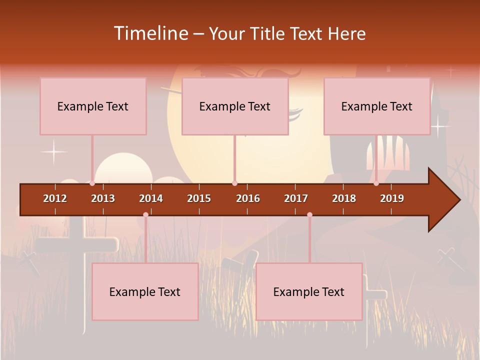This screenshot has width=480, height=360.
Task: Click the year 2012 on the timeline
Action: click(x=55, y=198)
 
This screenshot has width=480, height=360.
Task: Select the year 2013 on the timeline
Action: click(x=103, y=198)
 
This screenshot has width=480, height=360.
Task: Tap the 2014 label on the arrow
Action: click(x=151, y=198)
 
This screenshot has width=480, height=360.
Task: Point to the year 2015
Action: click(x=199, y=198)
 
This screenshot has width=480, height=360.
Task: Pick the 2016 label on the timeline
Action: click(x=248, y=198)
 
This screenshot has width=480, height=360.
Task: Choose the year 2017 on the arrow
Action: click(x=296, y=198)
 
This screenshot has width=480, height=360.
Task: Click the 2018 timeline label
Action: click(x=344, y=198)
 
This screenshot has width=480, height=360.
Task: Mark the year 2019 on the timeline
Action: click(x=392, y=198)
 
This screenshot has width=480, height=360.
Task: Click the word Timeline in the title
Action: click(x=150, y=33)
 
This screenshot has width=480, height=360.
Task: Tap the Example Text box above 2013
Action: click(x=93, y=106)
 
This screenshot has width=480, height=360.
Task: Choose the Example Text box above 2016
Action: click(x=235, y=106)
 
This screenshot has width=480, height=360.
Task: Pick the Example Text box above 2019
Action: click(x=377, y=106)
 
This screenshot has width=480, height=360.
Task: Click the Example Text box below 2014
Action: click(x=145, y=291)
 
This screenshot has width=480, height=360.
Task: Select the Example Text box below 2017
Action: click(x=309, y=291)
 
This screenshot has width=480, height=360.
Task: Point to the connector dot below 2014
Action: click(x=145, y=215)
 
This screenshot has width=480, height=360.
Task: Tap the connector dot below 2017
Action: click(x=309, y=215)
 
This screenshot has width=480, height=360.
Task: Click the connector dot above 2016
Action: click(x=234, y=183)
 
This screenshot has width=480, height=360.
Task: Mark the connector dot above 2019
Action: click(x=376, y=183)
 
